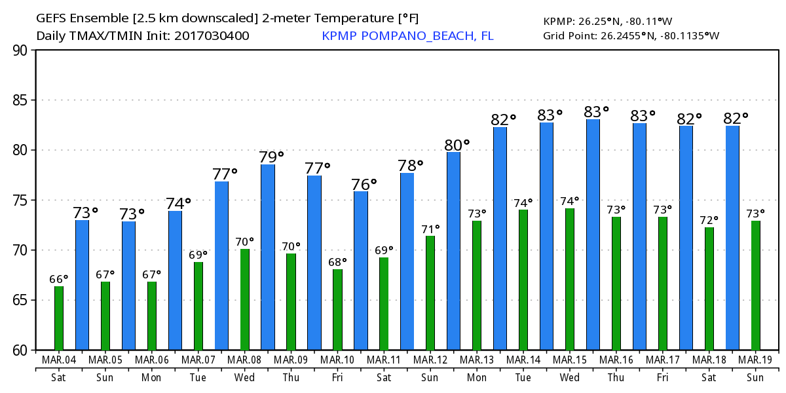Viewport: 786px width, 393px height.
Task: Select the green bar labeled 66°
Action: click(59, 318)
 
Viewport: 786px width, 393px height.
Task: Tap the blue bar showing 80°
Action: click(453, 251)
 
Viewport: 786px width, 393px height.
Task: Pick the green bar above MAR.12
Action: click(430, 293)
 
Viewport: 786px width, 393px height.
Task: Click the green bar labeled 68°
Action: click(337, 309)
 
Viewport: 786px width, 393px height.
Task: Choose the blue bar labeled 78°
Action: click(407, 261)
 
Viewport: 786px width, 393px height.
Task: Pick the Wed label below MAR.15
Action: click(569, 377)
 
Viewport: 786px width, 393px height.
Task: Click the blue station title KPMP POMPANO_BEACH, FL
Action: click(407, 35)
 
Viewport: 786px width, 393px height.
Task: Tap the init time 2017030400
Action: click(211, 35)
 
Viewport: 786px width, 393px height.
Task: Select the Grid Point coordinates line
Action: click(631, 35)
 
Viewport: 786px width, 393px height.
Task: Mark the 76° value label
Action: click(365, 184)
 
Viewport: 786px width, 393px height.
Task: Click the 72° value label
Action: click(709, 220)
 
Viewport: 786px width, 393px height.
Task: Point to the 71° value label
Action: click(430, 229)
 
